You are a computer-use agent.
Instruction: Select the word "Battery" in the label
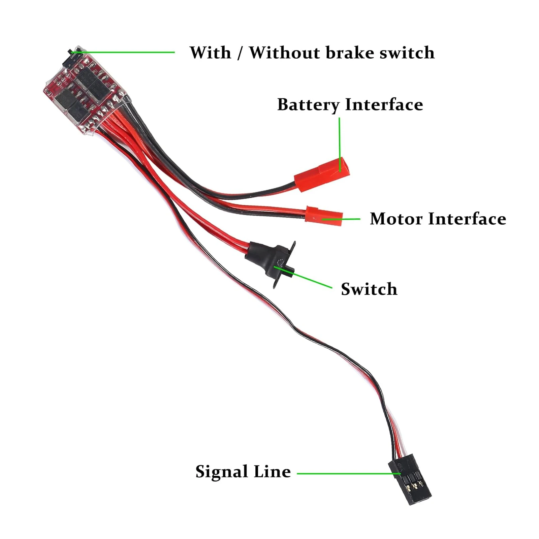click(308, 105)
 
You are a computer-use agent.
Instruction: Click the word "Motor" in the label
click(396, 219)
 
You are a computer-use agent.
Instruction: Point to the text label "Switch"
click(369, 289)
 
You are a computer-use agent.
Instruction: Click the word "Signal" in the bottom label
click(221, 472)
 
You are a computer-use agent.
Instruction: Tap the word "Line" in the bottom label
click(272, 472)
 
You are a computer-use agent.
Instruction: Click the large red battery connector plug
click(322, 175)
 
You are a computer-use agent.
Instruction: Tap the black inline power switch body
click(269, 259)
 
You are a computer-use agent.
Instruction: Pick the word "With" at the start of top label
click(210, 53)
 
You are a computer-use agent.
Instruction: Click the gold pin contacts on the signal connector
click(414, 486)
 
